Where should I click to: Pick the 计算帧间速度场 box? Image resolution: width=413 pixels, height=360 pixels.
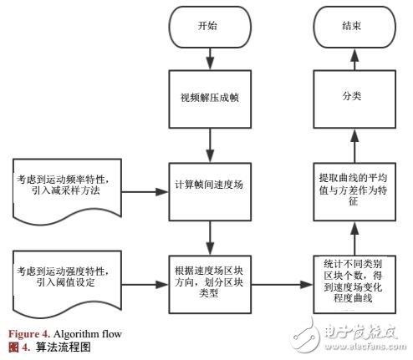click(x=209, y=184)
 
